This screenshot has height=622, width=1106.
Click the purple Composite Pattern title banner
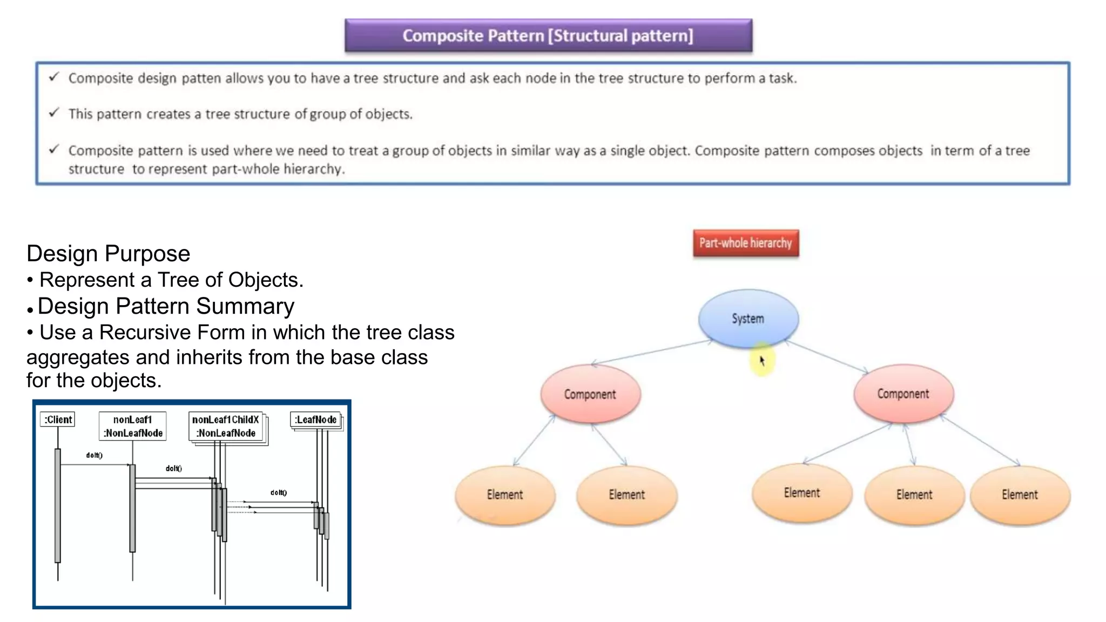(548, 36)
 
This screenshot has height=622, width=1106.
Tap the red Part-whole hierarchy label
(745, 243)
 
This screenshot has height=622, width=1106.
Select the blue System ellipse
(748, 318)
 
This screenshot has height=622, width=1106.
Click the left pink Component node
(590, 394)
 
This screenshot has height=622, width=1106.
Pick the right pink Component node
(903, 393)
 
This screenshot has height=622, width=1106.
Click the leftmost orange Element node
(504, 494)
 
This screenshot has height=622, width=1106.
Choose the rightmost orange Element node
(1020, 494)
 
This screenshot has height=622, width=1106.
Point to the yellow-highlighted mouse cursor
(761, 360)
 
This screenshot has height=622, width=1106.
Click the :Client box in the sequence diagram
(58, 420)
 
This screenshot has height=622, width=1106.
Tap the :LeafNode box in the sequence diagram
(316, 420)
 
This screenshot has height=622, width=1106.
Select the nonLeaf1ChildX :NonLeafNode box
(226, 426)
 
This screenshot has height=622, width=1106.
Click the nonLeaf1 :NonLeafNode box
(133, 426)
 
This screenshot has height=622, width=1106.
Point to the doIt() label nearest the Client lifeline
(94, 455)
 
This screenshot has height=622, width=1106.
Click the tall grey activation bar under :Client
(58, 505)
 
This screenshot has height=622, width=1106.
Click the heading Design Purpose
(108, 253)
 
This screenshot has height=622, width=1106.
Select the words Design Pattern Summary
(166, 306)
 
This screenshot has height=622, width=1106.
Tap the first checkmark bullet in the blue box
(53, 77)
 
